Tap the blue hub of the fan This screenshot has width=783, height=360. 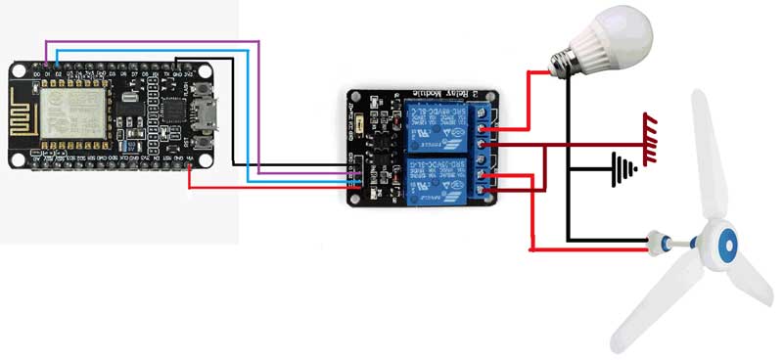[723, 245]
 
